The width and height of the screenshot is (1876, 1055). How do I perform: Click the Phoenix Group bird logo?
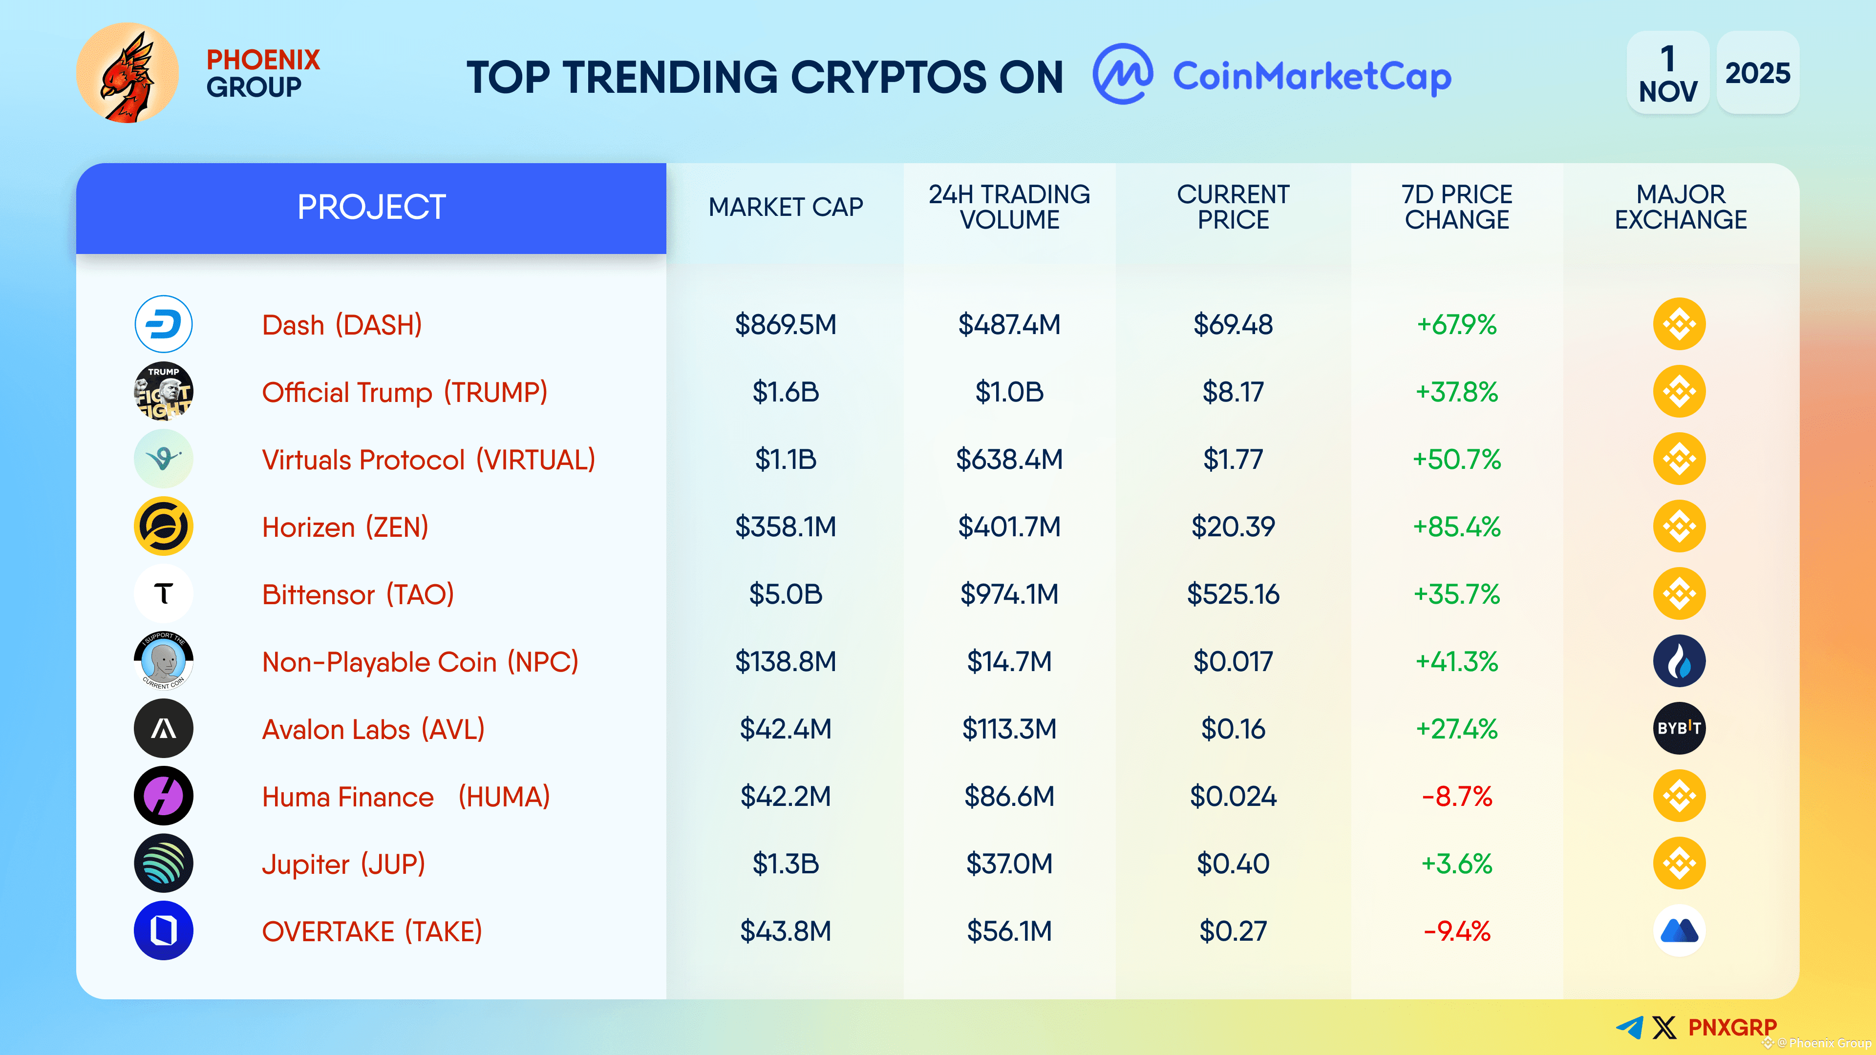tap(128, 73)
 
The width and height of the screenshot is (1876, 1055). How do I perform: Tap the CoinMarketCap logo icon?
tap(1122, 74)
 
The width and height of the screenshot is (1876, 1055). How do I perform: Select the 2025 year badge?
tap(1757, 73)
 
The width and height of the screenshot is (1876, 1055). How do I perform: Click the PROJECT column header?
tap(371, 208)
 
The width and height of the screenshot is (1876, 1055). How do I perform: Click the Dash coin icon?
tap(163, 324)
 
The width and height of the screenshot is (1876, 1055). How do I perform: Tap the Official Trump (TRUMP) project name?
tap(404, 392)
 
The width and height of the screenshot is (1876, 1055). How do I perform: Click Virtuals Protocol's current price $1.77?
tap(1233, 460)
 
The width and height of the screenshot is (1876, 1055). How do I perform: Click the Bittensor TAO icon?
tap(163, 594)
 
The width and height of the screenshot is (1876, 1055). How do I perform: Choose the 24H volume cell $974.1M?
tap(1009, 594)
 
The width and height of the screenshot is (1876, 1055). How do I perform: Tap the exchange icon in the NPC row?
tap(1680, 661)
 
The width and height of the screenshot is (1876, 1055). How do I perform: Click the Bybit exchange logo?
tap(1680, 728)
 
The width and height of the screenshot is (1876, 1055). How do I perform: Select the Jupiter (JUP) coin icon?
tap(163, 864)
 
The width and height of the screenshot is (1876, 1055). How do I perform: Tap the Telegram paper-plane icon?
tap(1630, 1027)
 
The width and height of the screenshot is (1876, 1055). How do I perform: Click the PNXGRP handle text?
tap(1732, 1027)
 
